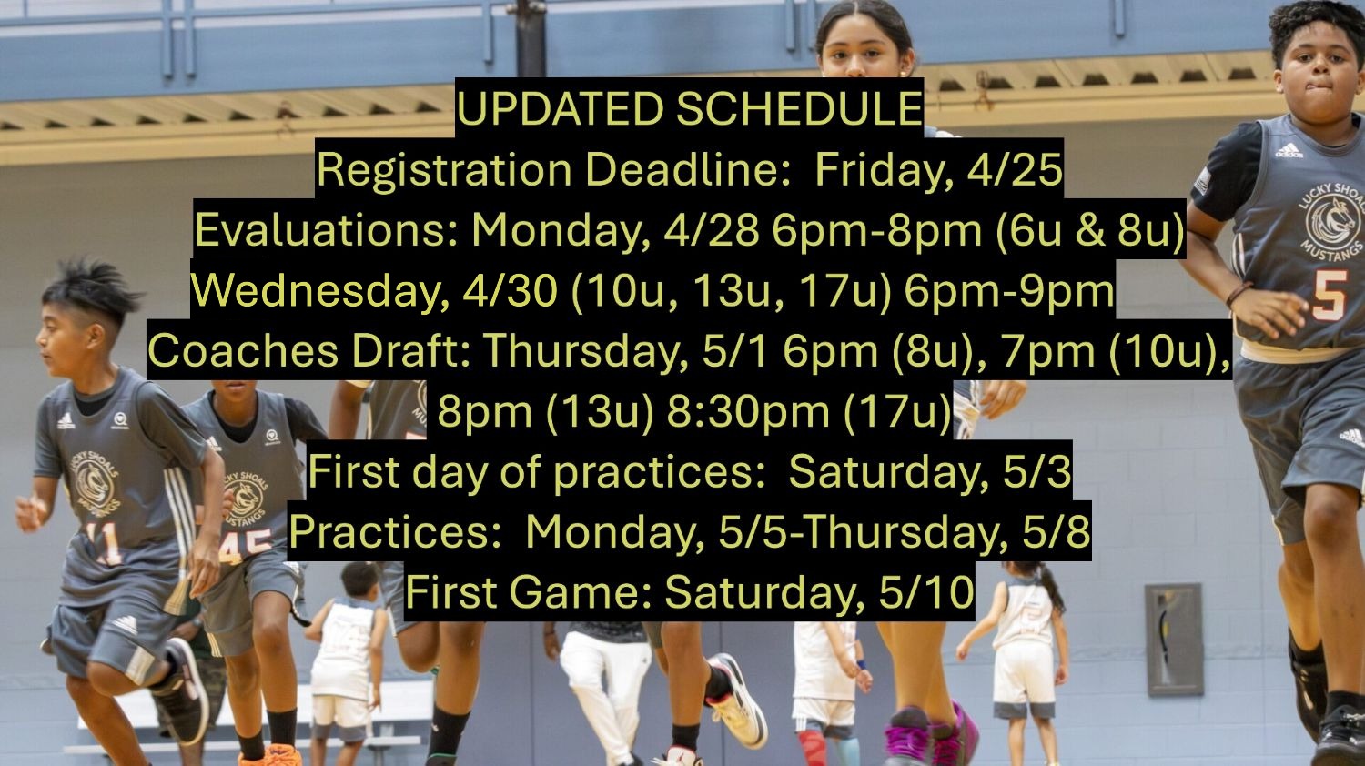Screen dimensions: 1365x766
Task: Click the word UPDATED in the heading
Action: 560,109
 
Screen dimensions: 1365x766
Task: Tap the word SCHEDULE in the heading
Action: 799,109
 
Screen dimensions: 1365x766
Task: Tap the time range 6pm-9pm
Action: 1008,291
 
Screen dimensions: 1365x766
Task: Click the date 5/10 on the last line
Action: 925,591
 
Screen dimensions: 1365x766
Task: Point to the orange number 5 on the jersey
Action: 1329,295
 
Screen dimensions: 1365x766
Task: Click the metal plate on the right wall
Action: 1173,640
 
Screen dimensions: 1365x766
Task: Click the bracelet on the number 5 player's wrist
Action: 1239,294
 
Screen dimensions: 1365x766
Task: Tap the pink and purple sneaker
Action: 933,738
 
